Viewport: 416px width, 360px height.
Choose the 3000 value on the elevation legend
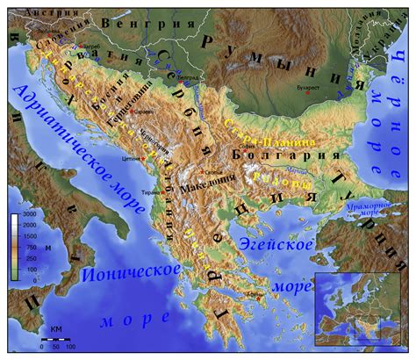click(29, 215)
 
